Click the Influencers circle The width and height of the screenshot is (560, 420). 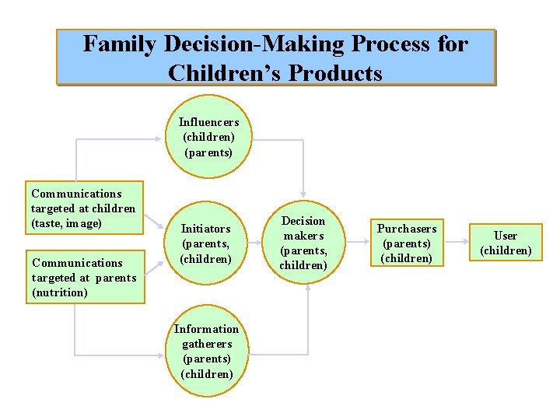tap(208, 137)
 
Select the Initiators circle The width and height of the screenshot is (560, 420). tap(205, 243)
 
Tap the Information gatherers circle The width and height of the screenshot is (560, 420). tap(206, 351)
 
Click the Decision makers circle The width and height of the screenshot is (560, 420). tap(303, 243)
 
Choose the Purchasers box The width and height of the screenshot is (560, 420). tap(407, 243)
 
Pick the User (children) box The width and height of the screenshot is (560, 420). tap(506, 243)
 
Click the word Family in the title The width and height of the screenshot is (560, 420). tap(121, 44)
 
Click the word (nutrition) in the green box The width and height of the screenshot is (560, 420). tap(60, 292)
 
